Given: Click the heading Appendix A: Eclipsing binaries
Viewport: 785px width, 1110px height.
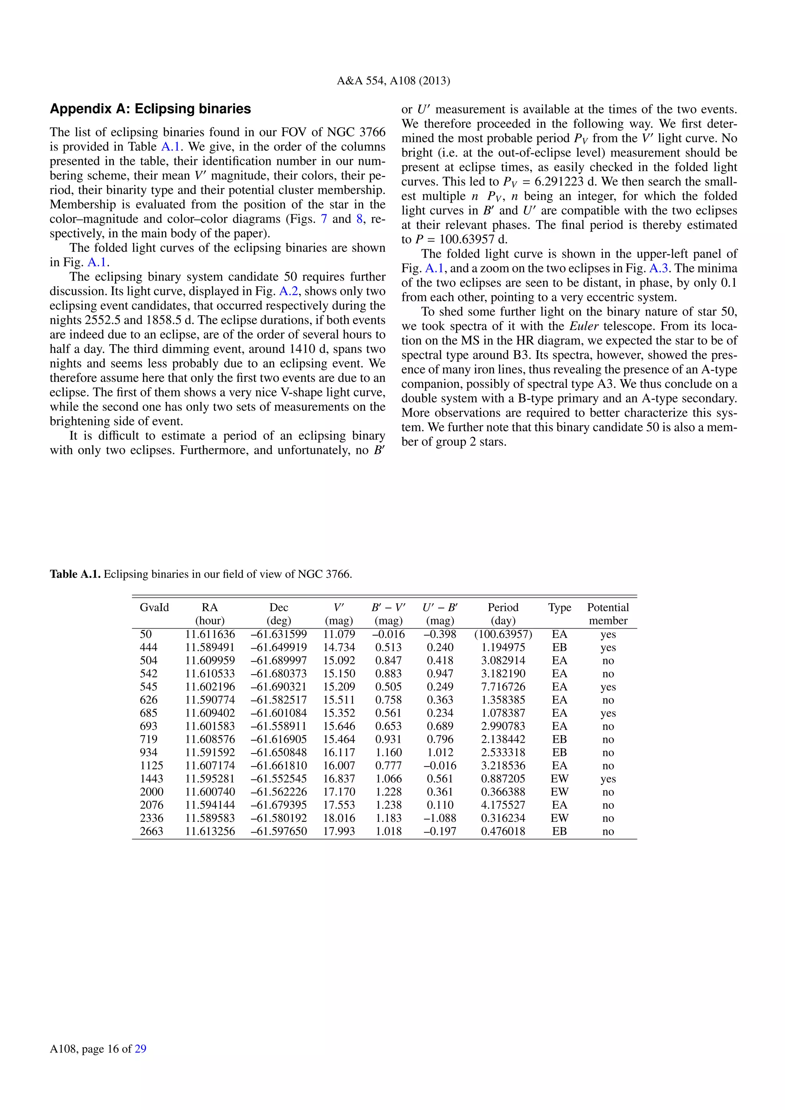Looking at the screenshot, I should [x=150, y=109].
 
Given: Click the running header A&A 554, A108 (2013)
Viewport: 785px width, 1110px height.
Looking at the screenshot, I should [x=393, y=81].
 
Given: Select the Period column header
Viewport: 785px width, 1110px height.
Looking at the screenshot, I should [x=503, y=608].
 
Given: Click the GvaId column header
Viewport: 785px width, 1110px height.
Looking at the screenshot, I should [x=154, y=608].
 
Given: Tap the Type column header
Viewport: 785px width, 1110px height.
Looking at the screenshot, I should [x=559, y=608].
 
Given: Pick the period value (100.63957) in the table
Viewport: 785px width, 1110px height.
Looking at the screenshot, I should [x=503, y=634].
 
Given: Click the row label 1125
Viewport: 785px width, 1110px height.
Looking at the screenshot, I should [x=151, y=766].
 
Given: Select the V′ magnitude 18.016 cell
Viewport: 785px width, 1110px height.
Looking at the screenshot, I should [x=339, y=818].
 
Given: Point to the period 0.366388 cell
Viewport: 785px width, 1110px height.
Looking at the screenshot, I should [x=503, y=792].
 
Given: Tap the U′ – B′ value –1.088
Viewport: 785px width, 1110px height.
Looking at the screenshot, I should [x=439, y=818].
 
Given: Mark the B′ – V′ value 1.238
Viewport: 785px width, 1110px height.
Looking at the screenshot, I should [x=388, y=805].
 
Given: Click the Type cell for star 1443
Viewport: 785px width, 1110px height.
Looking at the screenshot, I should [x=559, y=779].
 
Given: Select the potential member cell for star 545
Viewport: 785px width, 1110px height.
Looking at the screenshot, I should [x=608, y=687].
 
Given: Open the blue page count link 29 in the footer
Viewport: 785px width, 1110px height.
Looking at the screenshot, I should [x=140, y=1049].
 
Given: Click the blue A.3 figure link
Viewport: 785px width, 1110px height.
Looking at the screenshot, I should [x=659, y=269].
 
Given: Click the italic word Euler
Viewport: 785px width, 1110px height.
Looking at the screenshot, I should [x=584, y=326].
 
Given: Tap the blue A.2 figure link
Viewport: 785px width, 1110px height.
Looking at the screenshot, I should [x=288, y=292].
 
